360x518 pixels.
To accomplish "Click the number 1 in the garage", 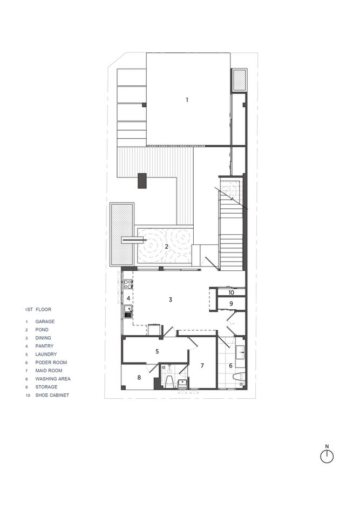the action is point(187,99).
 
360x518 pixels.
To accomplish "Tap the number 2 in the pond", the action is point(167,247).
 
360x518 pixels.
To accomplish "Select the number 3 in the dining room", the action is point(171,299).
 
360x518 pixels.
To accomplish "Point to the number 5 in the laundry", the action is point(158,351).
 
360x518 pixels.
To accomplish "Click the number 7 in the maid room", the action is point(202,365).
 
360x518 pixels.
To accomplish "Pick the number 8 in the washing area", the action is point(139,377).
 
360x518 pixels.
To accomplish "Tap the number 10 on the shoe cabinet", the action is point(231,292).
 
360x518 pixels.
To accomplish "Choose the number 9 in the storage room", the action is point(231,304).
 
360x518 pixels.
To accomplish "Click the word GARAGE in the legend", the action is point(45,322).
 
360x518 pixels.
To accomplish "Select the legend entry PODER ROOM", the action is point(51,363).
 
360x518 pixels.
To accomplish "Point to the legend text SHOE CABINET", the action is point(52,395).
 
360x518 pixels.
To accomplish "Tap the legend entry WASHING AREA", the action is point(53,379).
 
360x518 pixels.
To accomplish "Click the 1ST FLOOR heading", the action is point(38,310).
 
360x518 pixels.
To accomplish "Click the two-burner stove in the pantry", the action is point(128,284).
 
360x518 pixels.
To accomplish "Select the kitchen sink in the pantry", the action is point(128,311).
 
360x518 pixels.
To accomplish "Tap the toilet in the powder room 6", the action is point(239,376).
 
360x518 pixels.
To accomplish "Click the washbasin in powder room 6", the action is point(240,352).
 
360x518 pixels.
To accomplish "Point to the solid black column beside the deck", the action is point(142,181).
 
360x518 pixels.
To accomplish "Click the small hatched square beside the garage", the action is point(239,80).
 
